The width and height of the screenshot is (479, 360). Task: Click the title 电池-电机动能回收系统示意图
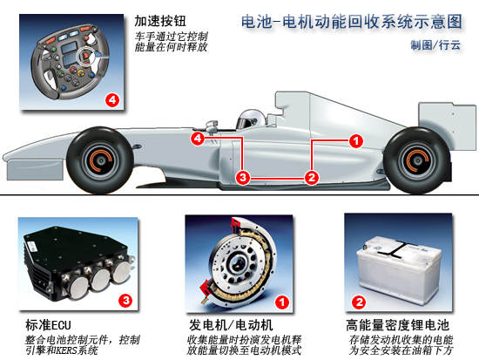pos(351,22)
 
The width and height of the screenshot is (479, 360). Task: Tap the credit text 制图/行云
pos(435,45)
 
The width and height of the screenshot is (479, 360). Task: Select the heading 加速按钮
pos(160,21)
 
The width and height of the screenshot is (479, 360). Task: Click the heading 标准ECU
pos(48,325)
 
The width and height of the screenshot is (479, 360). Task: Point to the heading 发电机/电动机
pos(231,325)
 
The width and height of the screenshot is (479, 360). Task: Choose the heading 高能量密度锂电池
pos(397,325)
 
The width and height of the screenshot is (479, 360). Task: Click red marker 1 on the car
pos(356,141)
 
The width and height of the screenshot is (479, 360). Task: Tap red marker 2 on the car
pos(311,178)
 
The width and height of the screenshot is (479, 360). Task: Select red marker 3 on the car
pos(243,178)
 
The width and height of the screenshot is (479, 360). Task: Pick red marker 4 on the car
pos(198,139)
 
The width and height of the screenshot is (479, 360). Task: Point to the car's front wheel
pos(100,160)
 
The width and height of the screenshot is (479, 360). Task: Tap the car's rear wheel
pos(417,160)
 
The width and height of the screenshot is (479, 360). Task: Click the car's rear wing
pos(448,126)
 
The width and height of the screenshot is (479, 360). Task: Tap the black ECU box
pos(78,263)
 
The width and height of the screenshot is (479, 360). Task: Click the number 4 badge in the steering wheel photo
pos(112,99)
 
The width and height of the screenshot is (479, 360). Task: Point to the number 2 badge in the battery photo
pos(359,302)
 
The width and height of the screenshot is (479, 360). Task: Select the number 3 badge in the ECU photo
pos(125,301)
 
